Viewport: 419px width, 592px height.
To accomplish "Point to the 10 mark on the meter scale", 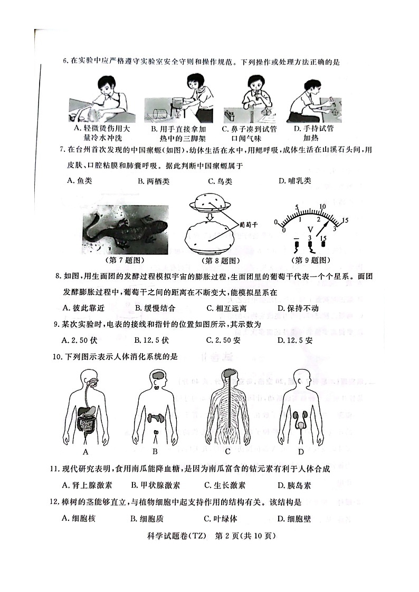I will coord(337,206).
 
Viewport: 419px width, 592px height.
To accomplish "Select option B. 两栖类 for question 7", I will coord(154,181).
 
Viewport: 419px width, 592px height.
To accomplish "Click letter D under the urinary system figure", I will coord(300,451).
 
